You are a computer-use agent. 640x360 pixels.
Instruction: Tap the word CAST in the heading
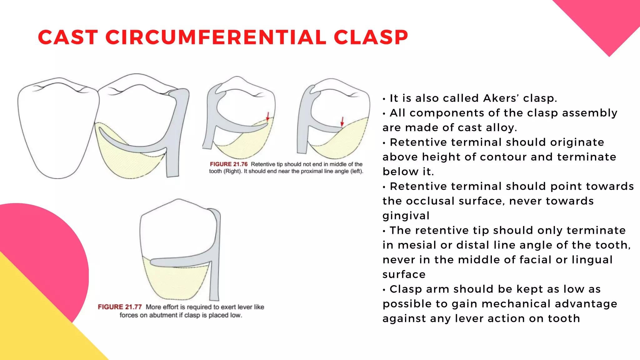(x=68, y=37)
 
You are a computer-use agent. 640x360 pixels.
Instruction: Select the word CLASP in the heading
(x=371, y=37)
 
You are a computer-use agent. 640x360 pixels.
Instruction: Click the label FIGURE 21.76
(x=229, y=164)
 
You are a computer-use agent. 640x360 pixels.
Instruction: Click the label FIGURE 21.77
(x=120, y=307)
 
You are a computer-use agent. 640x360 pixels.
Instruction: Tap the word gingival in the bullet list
(x=406, y=216)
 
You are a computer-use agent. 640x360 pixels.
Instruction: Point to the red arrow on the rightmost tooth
(x=342, y=121)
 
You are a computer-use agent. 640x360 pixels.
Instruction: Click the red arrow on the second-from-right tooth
(x=267, y=116)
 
